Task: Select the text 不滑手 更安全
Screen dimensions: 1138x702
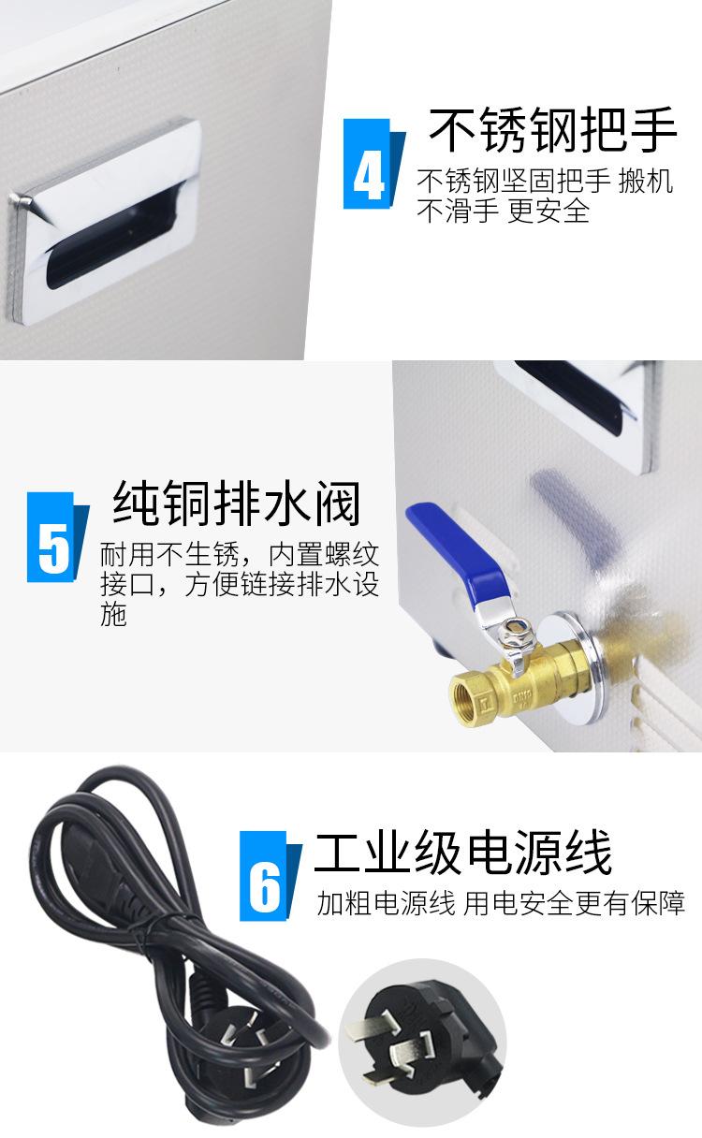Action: (x=503, y=212)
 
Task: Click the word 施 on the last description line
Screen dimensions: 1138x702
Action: (x=113, y=616)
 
